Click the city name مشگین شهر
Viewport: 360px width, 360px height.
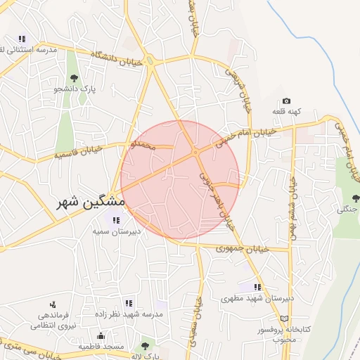[91, 202]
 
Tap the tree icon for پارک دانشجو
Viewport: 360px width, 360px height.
[74, 78]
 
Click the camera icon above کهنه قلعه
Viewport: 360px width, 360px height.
[286, 101]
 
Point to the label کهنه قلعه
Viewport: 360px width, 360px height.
[287, 112]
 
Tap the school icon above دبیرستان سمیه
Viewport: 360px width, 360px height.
[116, 220]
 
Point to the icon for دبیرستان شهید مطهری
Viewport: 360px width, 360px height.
[257, 287]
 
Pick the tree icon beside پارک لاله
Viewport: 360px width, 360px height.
[145, 345]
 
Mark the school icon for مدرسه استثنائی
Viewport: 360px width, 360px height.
[22, 39]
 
